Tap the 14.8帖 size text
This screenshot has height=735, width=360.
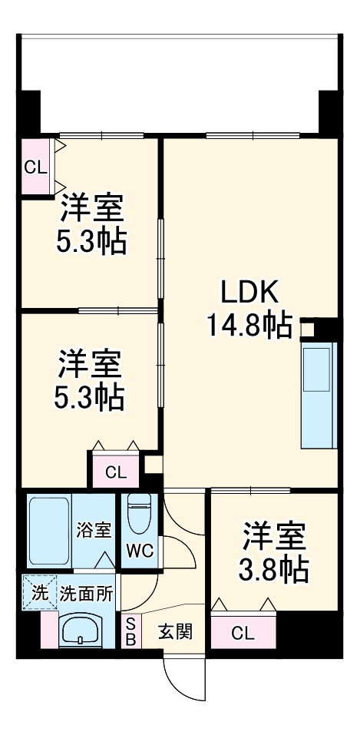(x=248, y=326)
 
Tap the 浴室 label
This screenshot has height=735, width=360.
(x=95, y=530)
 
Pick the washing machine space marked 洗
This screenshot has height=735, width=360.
(x=39, y=592)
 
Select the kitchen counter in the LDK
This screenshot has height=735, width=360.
(x=319, y=395)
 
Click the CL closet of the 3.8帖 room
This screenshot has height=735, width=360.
(x=242, y=634)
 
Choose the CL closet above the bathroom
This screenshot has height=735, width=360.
(x=116, y=472)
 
